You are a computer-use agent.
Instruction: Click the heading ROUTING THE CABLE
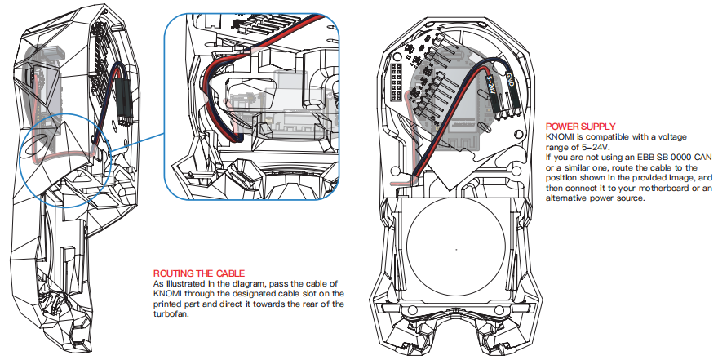pyautogui.click(x=199, y=273)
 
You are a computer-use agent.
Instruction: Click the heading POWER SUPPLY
pyautogui.click(x=583, y=127)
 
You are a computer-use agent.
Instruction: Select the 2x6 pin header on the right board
pyautogui.click(x=399, y=81)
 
